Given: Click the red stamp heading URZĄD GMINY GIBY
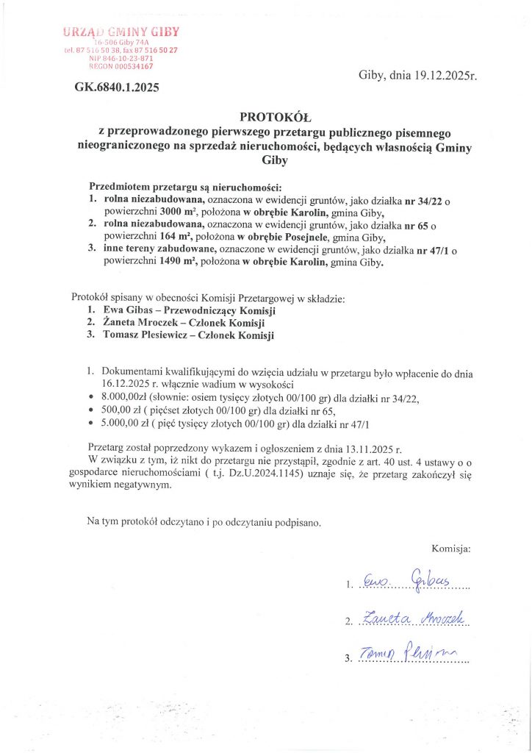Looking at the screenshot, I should click(121, 32).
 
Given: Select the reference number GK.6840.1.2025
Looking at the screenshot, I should click(117, 87).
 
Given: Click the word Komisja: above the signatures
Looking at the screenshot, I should click(450, 549).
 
